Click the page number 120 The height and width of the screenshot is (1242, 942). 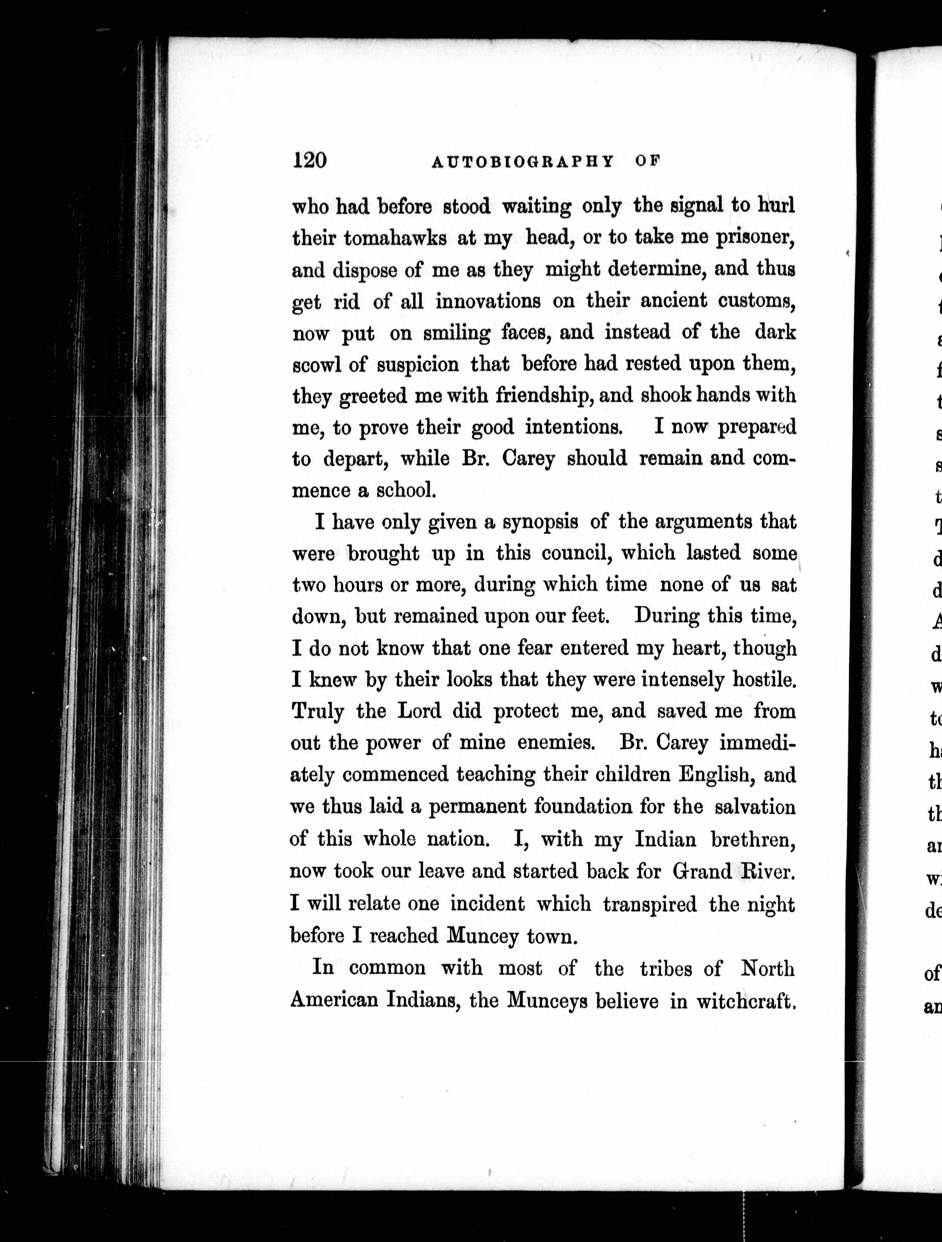pyautogui.click(x=309, y=161)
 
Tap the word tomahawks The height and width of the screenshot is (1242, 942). pyautogui.click(x=395, y=239)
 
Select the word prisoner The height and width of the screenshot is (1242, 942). pyautogui.click(x=755, y=239)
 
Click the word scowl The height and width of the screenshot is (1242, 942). pyautogui.click(x=314, y=365)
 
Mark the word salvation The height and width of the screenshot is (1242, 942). pyautogui.click(x=756, y=807)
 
